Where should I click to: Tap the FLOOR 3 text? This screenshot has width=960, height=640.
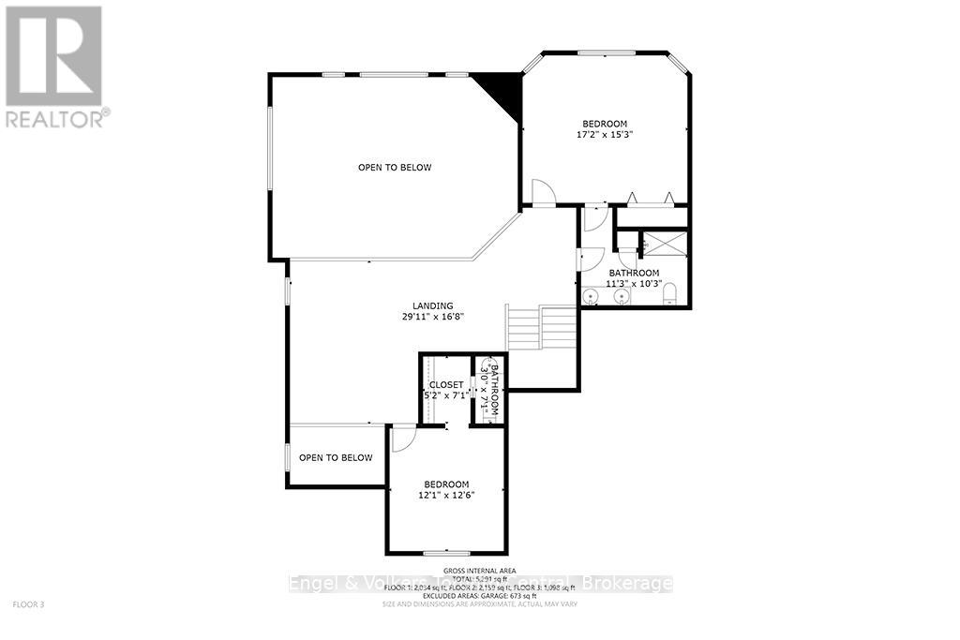pyautogui.click(x=29, y=604)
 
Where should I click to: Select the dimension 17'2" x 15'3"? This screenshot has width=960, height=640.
pyautogui.click(x=605, y=135)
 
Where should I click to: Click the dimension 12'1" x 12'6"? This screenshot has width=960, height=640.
pyautogui.click(x=446, y=496)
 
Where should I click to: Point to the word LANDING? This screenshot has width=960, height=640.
pyautogui.click(x=433, y=305)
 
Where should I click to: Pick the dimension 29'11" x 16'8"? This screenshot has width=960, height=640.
pyautogui.click(x=433, y=317)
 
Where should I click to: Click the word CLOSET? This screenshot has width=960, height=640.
pyautogui.click(x=446, y=385)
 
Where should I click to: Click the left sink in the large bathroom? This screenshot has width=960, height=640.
pyautogui.click(x=591, y=298)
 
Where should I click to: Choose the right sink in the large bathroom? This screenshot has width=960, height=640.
pyautogui.click(x=621, y=298)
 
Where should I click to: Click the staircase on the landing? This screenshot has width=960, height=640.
pyautogui.click(x=541, y=327)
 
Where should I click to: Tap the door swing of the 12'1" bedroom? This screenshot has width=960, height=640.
pyautogui.click(x=403, y=437)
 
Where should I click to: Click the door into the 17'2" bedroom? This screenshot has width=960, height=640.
pyautogui.click(x=543, y=193)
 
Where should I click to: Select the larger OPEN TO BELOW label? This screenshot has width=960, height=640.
pyautogui.click(x=395, y=168)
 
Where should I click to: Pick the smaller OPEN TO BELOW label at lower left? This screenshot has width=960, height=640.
pyautogui.click(x=336, y=458)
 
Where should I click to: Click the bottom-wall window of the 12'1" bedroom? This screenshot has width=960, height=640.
pyautogui.click(x=447, y=553)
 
